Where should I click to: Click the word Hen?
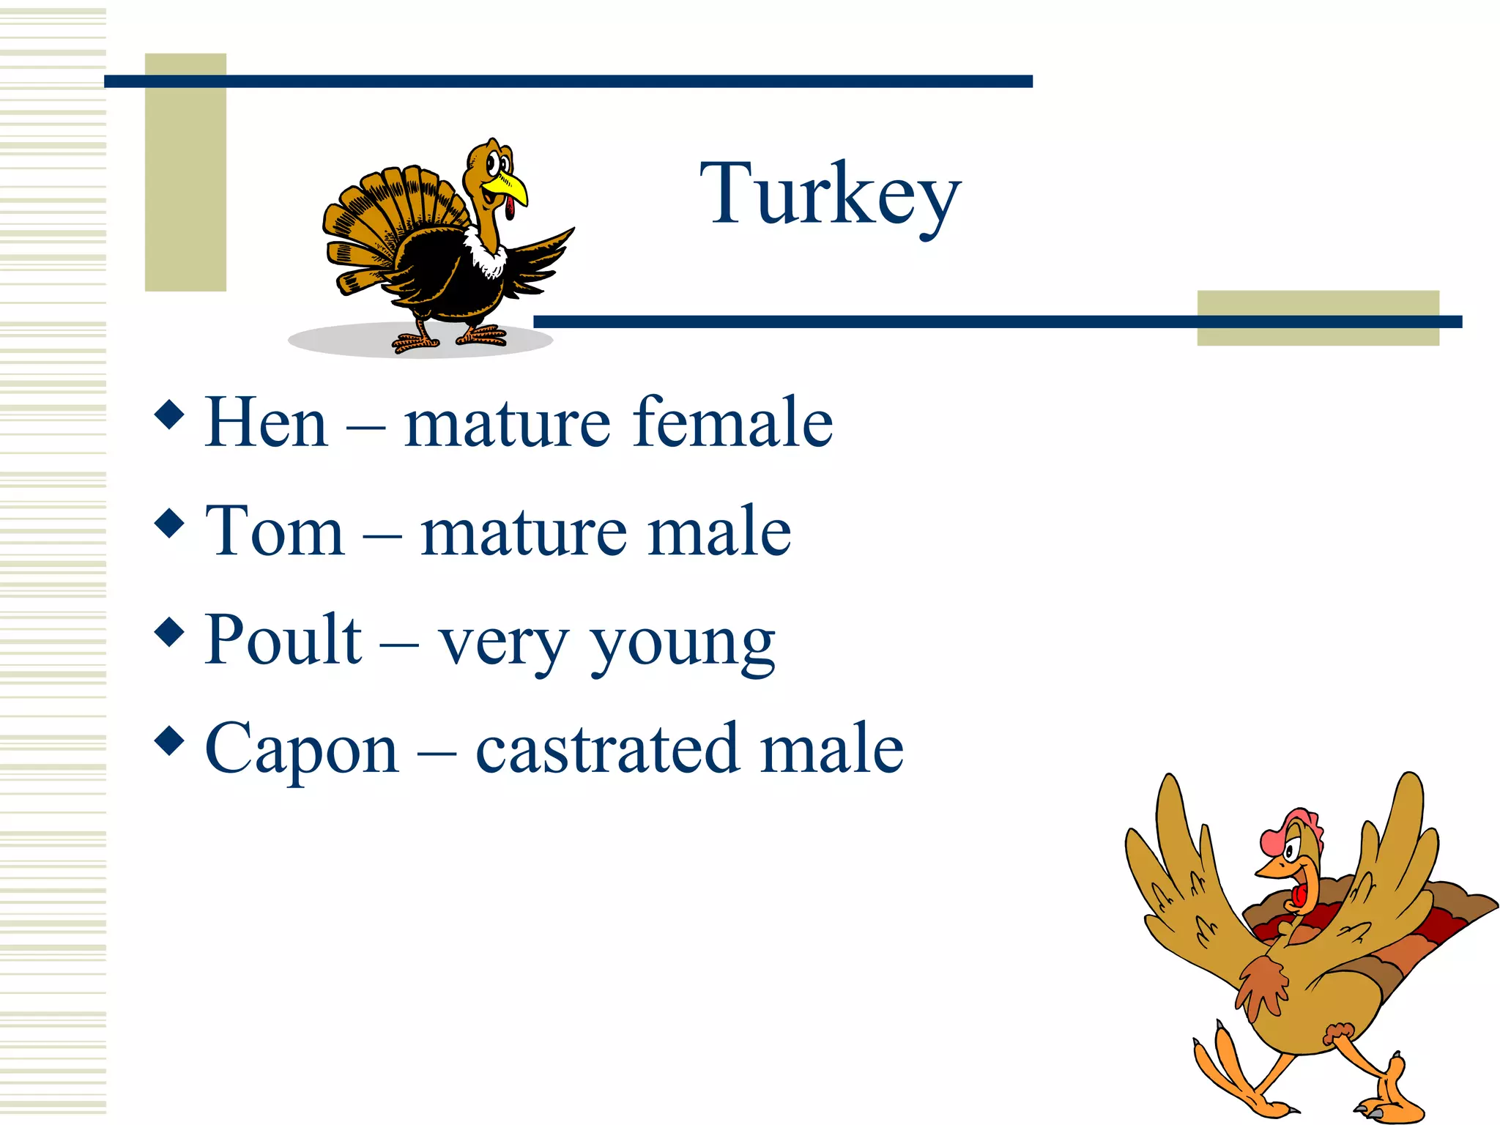point(266,423)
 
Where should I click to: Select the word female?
point(732,423)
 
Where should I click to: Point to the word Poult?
point(283,640)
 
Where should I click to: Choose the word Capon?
point(302,750)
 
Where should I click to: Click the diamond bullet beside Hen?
point(170,415)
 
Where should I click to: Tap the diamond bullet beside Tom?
point(170,524)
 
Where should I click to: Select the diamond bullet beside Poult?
point(170,632)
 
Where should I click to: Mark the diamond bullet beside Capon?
point(170,740)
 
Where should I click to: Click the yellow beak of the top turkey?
point(510,189)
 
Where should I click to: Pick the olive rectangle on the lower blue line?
point(1318,318)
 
